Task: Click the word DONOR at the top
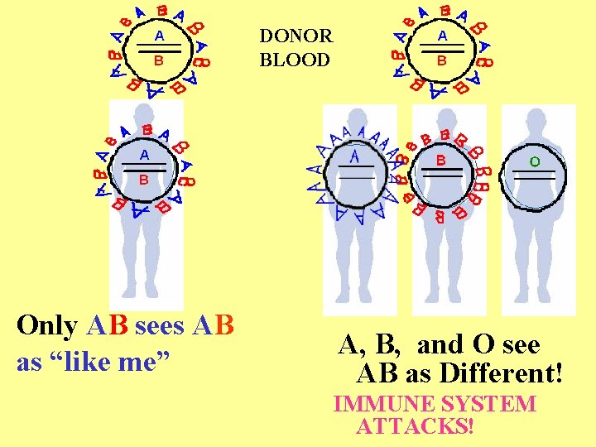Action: coord(296,36)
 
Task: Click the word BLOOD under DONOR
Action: coord(294,60)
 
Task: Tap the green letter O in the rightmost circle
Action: coord(534,161)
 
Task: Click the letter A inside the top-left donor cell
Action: coord(159,36)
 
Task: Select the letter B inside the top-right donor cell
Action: coord(442,60)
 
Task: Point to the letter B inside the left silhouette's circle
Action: coord(143,179)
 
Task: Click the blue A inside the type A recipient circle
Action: coord(354,157)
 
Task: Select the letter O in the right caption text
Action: coord(483,344)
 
